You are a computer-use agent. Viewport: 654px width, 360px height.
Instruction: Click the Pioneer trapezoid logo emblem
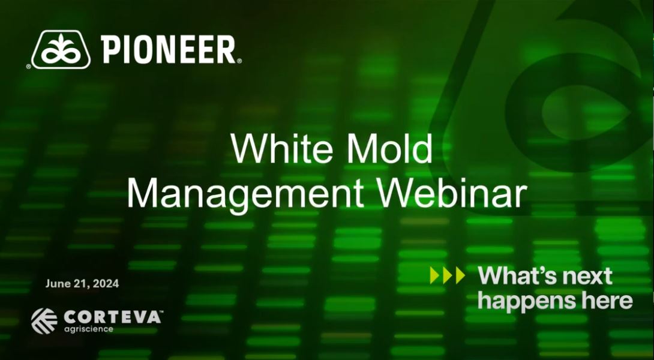(x=61, y=50)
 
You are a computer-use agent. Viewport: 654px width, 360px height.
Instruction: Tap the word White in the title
(x=277, y=149)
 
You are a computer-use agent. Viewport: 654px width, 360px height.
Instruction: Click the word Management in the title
(x=245, y=193)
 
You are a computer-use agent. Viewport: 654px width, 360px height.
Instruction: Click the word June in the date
(x=57, y=284)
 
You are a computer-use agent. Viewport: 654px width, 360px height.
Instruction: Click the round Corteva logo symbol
(x=44, y=320)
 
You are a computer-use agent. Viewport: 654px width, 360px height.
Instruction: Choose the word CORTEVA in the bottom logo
(x=111, y=317)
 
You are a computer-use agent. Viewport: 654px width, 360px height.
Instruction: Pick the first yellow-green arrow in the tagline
(x=435, y=275)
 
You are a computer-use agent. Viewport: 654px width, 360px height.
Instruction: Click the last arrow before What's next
(x=460, y=275)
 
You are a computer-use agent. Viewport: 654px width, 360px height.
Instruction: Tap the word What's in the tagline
(x=515, y=276)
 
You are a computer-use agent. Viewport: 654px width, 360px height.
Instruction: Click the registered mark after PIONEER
(x=239, y=61)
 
